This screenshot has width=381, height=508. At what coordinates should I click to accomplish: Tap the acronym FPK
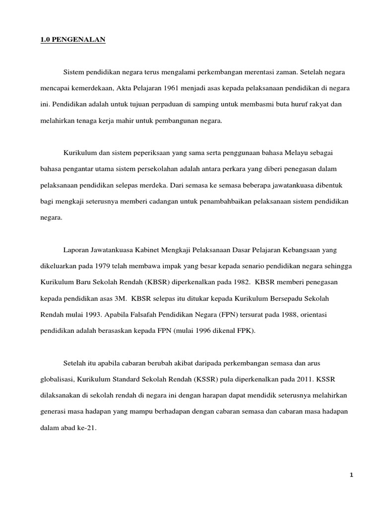pyautogui.click(x=246, y=330)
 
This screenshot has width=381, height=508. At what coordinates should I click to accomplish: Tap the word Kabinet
pyautogui.click(x=139, y=249)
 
